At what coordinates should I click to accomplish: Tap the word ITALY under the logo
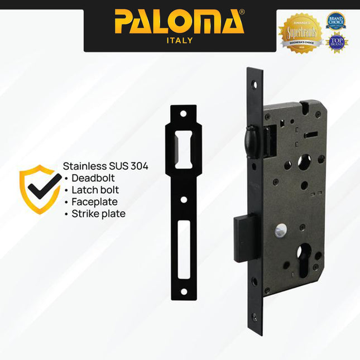click(179, 40)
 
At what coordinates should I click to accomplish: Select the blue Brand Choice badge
click(336, 21)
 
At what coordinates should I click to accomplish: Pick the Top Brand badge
click(337, 43)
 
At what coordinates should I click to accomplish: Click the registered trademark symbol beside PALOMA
click(242, 11)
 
